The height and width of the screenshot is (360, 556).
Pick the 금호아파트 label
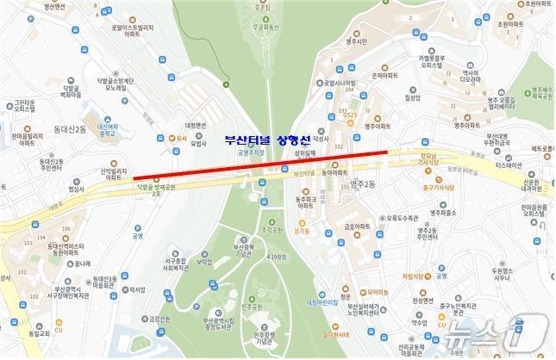click(x=357, y=227)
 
